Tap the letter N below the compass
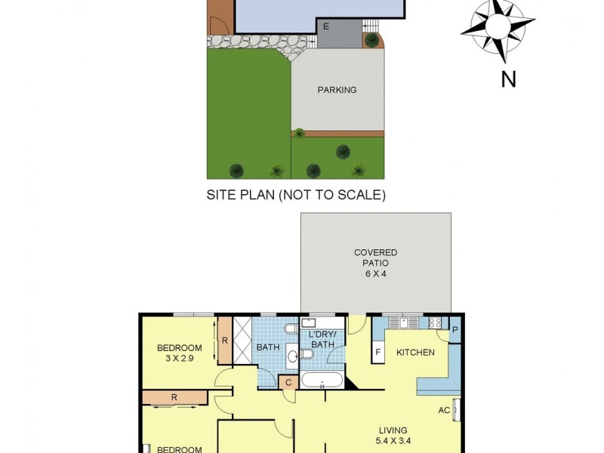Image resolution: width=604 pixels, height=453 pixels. click(x=508, y=78)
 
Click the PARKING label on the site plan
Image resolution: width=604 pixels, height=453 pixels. click(x=337, y=90)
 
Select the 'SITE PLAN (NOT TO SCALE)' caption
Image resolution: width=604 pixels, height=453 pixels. click(x=296, y=195)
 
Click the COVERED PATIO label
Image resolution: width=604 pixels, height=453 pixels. click(x=375, y=257)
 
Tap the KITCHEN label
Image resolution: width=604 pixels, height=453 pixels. click(x=415, y=352)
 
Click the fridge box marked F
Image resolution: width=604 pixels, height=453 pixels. click(x=378, y=352)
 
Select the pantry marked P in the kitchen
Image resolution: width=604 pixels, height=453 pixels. click(x=455, y=330)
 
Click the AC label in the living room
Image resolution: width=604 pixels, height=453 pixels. click(x=445, y=410)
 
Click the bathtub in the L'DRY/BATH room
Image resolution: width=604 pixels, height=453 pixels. click(x=322, y=381)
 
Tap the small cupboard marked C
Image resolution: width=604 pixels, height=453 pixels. click(x=289, y=383)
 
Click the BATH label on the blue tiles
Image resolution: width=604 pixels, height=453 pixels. click(x=267, y=347)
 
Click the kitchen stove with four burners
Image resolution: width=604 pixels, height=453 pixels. click(x=435, y=323)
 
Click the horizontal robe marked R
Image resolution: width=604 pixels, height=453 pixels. click(x=174, y=396)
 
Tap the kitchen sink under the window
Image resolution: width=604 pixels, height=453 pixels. click(x=407, y=322)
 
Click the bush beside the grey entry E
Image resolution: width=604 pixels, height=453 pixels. click(x=371, y=39)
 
